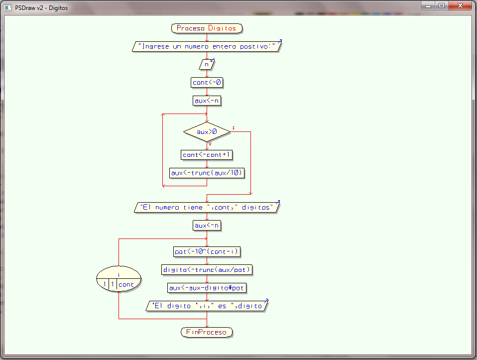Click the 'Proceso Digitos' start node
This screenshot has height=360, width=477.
pyautogui.click(x=207, y=28)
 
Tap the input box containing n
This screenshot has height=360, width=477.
pyautogui.click(x=207, y=64)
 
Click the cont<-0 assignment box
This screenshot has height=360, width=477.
pyautogui.click(x=207, y=82)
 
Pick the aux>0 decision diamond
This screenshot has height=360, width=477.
pyautogui.click(x=207, y=132)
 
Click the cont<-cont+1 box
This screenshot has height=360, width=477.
pyautogui.click(x=207, y=155)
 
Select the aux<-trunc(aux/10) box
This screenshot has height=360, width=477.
pyautogui.click(x=207, y=173)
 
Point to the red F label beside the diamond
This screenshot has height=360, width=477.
pyautogui.click(x=234, y=129)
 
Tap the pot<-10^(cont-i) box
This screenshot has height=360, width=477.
pyautogui.click(x=207, y=251)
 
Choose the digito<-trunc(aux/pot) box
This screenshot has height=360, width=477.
pyautogui.click(x=207, y=269)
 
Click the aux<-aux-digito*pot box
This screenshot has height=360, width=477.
pyautogui.click(x=207, y=288)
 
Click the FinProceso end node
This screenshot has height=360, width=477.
pyautogui.click(x=207, y=332)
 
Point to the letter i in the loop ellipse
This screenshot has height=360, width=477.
pyautogui.click(x=119, y=275)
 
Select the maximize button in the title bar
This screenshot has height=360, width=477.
pyautogui.click(x=441, y=5)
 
